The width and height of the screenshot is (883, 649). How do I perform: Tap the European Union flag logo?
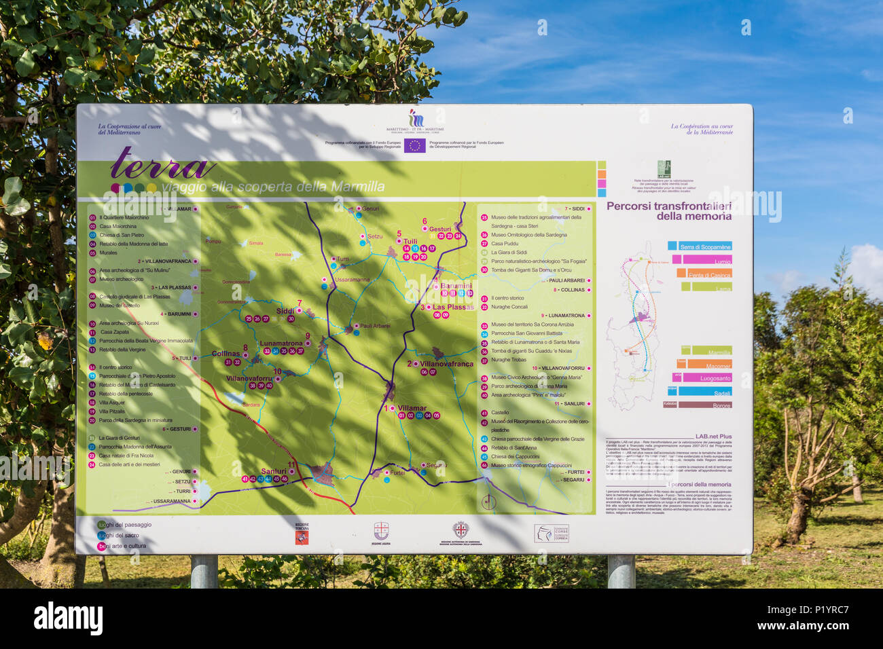(414, 145)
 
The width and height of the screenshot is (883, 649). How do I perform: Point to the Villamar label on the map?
(412, 409)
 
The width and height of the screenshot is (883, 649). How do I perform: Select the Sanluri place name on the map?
(274, 471)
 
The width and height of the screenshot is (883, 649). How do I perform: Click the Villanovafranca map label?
(446, 364)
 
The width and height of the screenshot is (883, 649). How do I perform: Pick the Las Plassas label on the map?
(453, 307)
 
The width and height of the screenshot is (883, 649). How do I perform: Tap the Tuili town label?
(410, 241)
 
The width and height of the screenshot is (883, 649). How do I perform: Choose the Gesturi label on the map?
(440, 229)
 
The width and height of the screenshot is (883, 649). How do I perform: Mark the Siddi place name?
(285, 311)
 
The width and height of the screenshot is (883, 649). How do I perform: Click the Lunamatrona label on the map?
(281, 344)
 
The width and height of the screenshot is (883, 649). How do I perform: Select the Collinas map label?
(226, 354)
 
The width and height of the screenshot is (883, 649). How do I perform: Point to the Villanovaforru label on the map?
(249, 378)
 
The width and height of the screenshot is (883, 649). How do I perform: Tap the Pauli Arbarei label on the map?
(374, 326)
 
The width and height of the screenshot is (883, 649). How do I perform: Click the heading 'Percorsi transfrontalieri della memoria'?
(669, 210)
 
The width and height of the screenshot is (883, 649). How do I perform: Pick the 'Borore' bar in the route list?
(704, 405)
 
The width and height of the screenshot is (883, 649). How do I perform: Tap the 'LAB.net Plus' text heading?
(713, 437)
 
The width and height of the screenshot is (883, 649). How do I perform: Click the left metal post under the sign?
(204, 571)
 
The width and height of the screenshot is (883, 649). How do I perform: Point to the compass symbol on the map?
(488, 502)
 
